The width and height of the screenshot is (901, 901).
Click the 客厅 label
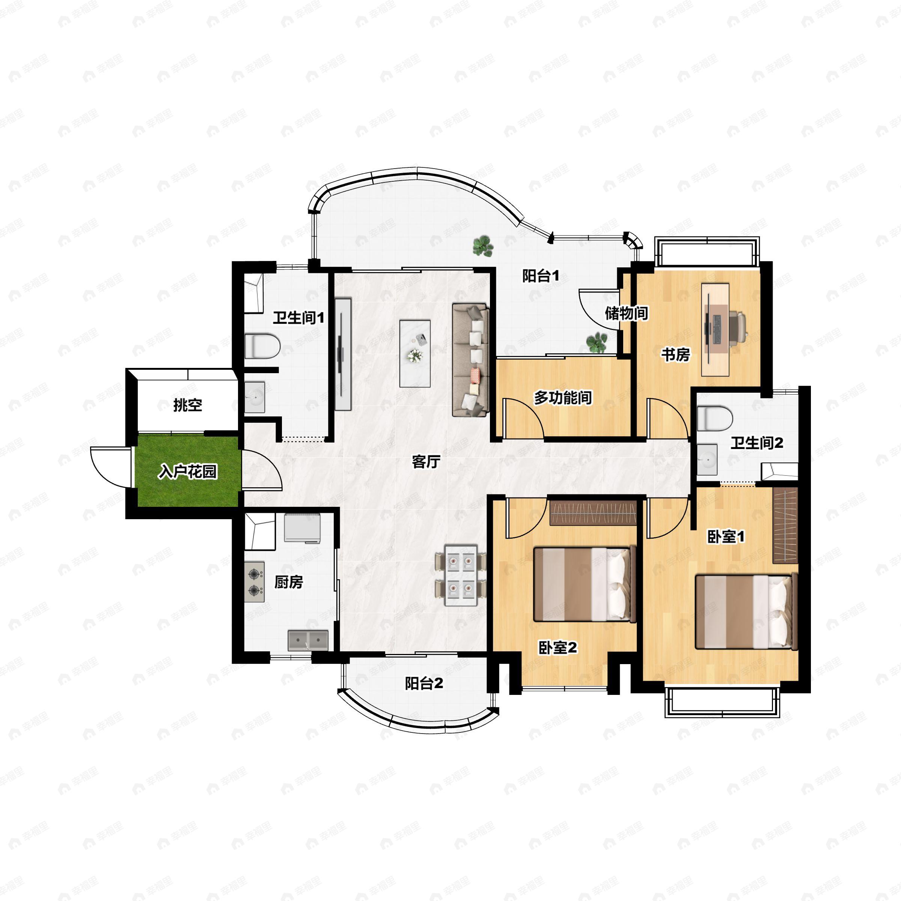pyautogui.click(x=426, y=462)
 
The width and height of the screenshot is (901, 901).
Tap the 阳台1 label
pyautogui.click(x=541, y=276)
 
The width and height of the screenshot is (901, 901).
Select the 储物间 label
pyautogui.click(x=626, y=313)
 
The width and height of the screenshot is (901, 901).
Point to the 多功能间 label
pyautogui.click(x=563, y=398)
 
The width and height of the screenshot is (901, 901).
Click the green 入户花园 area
pyautogui.click(x=187, y=471)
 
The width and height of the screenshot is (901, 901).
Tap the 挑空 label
pyautogui.click(x=187, y=405)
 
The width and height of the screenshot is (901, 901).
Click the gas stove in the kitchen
pyautogui.click(x=255, y=582)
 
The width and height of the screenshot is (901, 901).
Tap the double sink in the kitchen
pyautogui.click(x=308, y=640)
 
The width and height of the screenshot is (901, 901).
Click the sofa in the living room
pyautogui.click(x=470, y=360)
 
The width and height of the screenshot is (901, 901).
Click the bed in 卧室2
pyautogui.click(x=585, y=584)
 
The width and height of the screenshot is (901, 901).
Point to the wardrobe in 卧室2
pyautogui.click(x=593, y=512)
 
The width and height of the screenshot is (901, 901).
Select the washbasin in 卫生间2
pyautogui.click(x=707, y=460)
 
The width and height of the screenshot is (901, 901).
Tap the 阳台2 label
pyautogui.click(x=424, y=684)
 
